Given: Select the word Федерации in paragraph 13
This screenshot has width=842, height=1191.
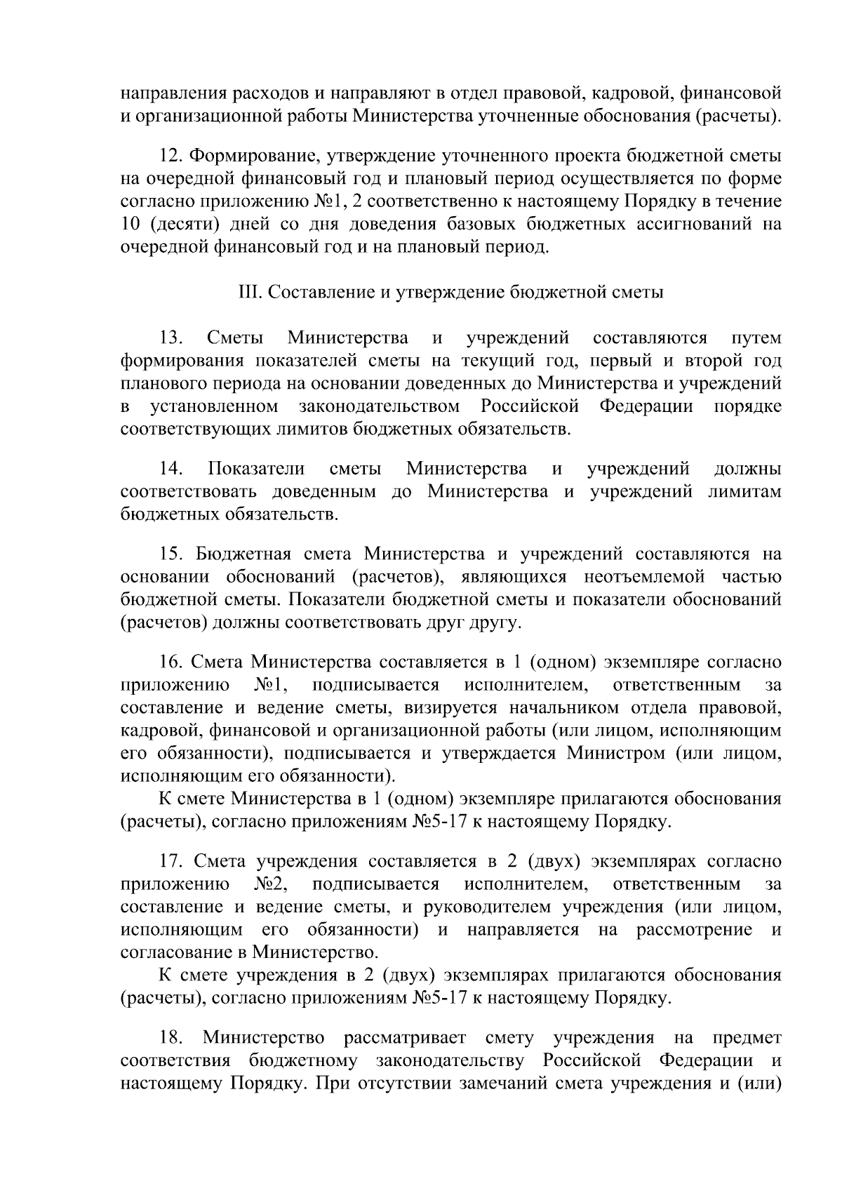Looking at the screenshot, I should [646, 406].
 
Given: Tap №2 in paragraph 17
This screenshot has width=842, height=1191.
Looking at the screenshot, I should [272, 884].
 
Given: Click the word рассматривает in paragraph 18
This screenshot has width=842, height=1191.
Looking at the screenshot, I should [406, 1037].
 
